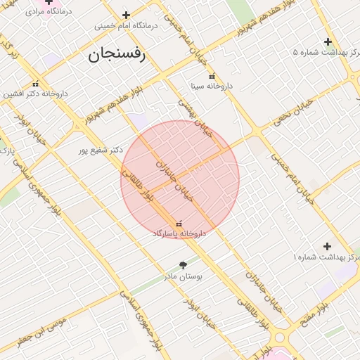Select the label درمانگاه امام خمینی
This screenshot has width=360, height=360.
[126, 26]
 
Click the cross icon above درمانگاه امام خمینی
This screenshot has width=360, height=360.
[126, 15]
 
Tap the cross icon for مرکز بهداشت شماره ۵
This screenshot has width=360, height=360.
[328, 41]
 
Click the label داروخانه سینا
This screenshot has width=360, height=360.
[212, 86]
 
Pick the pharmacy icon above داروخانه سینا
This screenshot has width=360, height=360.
[212, 77]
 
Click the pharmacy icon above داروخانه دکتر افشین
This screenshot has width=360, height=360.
[35, 84]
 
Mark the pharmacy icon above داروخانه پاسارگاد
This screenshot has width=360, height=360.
[179, 223]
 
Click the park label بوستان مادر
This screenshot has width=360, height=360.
[184, 277]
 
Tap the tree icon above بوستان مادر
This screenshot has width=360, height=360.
[184, 266]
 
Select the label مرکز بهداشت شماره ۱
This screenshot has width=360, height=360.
[326, 258]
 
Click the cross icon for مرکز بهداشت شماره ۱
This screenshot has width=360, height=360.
[327, 246]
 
